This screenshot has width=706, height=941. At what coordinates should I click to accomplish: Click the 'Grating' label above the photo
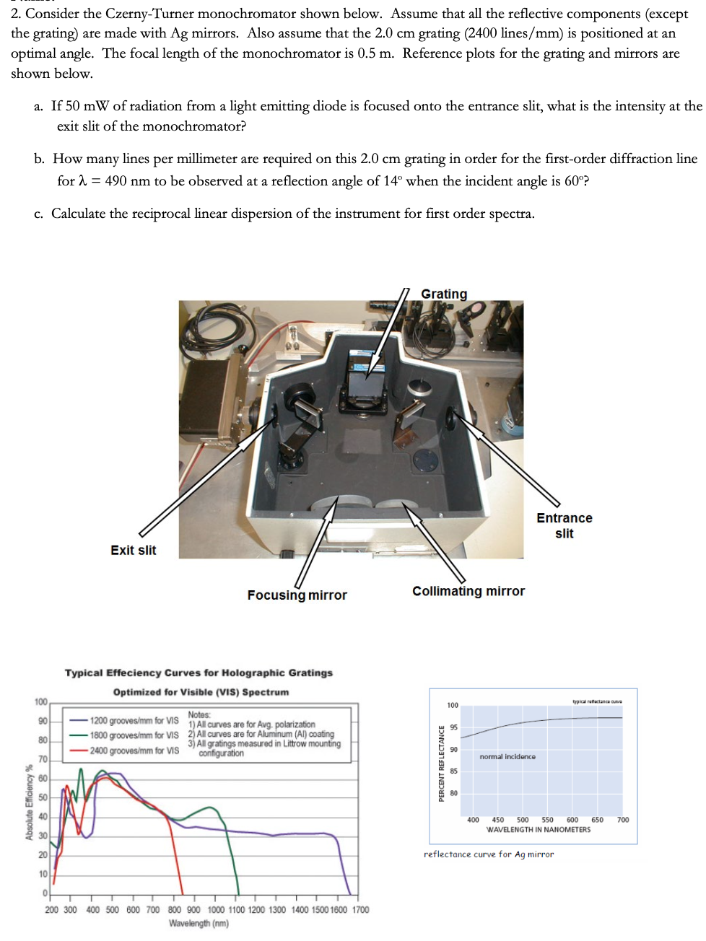click(444, 294)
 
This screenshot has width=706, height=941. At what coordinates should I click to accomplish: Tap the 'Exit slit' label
click(133, 550)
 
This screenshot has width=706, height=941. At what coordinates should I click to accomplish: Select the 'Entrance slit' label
click(564, 525)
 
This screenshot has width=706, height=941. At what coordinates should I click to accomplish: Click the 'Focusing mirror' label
click(297, 595)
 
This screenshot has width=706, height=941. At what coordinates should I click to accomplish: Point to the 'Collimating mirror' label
click(469, 591)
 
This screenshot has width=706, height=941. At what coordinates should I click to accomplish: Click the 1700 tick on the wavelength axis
click(360, 909)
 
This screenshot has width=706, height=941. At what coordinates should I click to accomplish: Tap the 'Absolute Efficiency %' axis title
click(30, 802)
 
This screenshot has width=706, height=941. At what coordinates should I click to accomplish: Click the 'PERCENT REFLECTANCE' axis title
click(441, 763)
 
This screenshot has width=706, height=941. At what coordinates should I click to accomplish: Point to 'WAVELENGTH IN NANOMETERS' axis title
click(538, 830)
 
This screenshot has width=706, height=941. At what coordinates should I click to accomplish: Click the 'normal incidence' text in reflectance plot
click(507, 757)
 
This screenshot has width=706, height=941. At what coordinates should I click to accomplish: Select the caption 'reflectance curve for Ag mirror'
click(489, 854)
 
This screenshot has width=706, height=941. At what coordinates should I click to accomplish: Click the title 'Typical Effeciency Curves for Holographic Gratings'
click(199, 673)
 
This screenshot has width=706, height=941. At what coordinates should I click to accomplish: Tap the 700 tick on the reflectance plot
click(622, 820)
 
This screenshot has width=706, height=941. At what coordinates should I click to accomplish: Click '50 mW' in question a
click(87, 106)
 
